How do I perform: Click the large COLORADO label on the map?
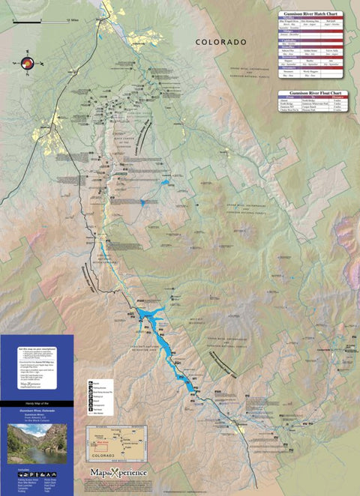(x=220, y=43)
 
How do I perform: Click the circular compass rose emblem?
(x=19, y=64)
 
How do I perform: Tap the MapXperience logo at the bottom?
(x=120, y=472)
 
